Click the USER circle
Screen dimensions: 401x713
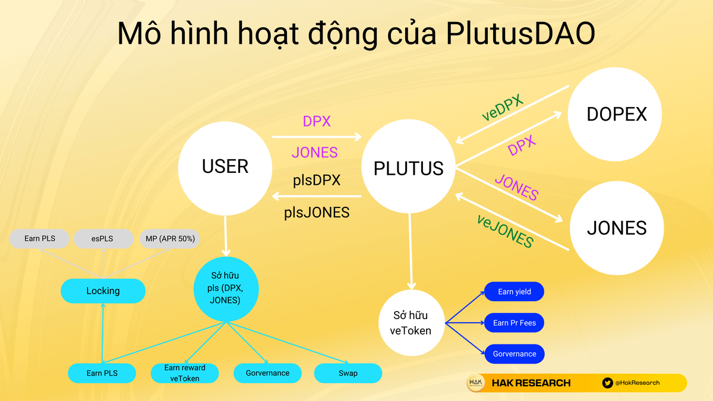(x=225, y=167)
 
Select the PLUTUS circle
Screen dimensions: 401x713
(x=409, y=168)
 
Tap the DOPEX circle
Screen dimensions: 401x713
(x=616, y=114)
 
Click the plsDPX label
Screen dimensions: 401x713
(x=317, y=180)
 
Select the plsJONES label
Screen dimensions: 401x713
(x=317, y=211)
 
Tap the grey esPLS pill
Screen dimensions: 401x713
(x=103, y=239)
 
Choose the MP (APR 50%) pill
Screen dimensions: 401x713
(x=169, y=239)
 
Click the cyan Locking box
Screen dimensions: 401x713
(x=103, y=291)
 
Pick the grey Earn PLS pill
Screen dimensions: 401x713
(x=40, y=239)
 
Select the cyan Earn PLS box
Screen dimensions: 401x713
(x=102, y=373)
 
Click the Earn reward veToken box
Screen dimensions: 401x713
(x=185, y=373)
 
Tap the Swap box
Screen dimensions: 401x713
(x=348, y=373)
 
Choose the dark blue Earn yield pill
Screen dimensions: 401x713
(x=514, y=292)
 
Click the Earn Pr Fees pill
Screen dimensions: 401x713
(x=514, y=323)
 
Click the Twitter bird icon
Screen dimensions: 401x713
(x=607, y=383)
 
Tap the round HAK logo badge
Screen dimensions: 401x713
(x=476, y=383)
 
